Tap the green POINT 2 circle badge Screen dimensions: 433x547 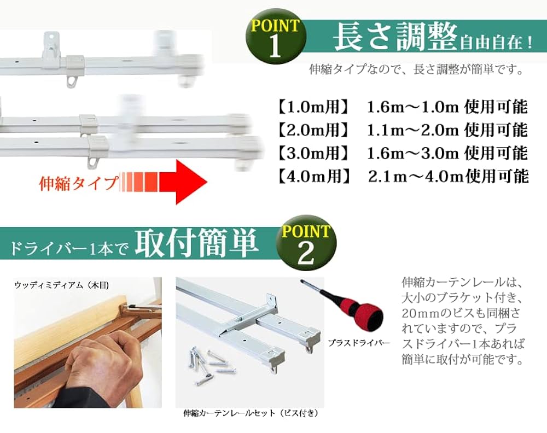point(305,244)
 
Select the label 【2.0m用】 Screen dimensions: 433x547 point(312,130)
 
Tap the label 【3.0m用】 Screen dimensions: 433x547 point(312,153)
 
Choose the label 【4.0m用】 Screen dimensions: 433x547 point(312,176)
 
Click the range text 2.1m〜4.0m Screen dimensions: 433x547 point(414,176)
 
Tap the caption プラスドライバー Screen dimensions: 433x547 point(359,343)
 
